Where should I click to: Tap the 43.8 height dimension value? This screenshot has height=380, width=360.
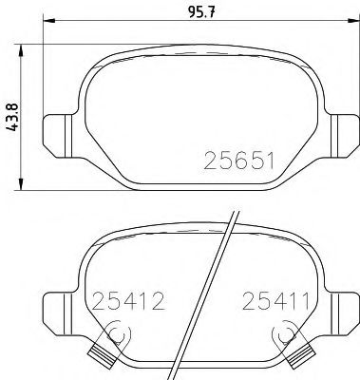(12, 120)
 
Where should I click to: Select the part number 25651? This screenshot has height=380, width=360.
(237, 162)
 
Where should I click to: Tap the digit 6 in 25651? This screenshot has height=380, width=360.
(237, 162)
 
